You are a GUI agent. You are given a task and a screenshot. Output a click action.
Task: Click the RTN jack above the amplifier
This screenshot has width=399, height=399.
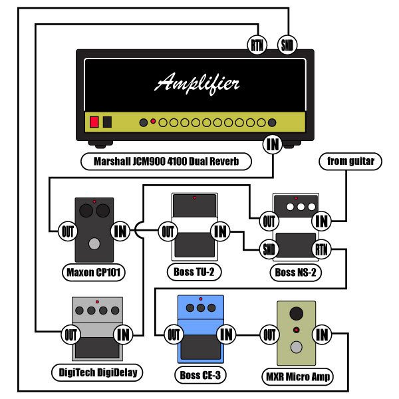point(257,45)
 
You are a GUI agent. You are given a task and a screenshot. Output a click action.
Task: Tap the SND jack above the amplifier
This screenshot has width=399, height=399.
point(287,45)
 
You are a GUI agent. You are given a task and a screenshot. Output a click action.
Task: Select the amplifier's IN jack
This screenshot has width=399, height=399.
point(271,142)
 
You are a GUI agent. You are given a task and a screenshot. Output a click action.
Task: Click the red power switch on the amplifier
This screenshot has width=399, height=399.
point(94,122)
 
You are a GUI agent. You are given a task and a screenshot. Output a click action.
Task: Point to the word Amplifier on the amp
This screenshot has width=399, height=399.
point(198,83)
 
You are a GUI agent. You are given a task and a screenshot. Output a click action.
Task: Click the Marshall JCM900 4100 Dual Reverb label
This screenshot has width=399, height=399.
point(164,161)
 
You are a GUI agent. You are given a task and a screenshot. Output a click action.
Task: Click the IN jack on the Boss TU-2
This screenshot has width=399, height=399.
point(219,231)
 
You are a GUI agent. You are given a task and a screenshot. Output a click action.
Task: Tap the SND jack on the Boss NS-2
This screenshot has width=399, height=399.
point(269,250)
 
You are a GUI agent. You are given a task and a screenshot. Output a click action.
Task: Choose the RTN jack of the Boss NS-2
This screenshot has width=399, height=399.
point(321,250)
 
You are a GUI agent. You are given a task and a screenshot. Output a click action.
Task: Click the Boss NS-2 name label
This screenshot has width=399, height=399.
point(295,272)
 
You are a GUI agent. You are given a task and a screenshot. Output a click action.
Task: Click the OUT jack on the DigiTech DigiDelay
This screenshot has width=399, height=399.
point(70,334)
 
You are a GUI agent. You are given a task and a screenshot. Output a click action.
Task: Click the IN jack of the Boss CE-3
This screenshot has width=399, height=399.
point(225,334)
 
